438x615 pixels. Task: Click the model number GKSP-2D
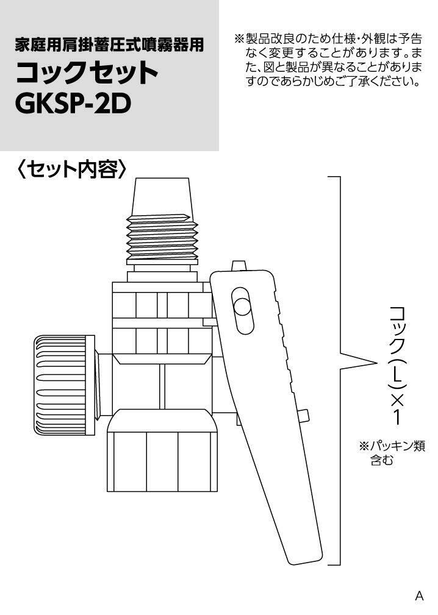(73, 104)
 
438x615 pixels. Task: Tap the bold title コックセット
(87, 73)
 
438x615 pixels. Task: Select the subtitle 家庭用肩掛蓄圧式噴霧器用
(109, 45)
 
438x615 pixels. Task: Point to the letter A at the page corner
(419, 595)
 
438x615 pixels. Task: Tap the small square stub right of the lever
(305, 416)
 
